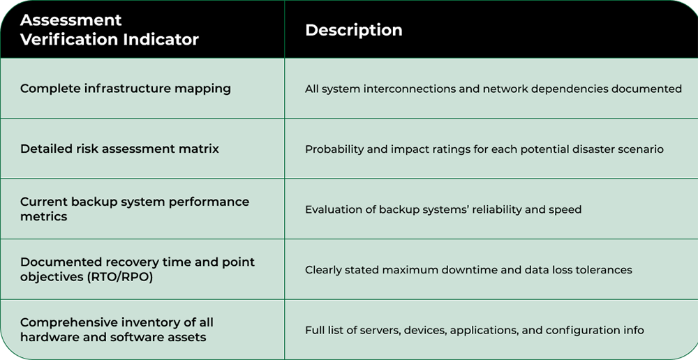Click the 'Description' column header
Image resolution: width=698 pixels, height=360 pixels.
pyautogui.click(x=354, y=31)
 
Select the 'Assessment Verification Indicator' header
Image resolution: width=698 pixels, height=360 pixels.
pyautogui.click(x=110, y=30)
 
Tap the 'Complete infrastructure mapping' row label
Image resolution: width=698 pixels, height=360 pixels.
pyautogui.click(x=126, y=89)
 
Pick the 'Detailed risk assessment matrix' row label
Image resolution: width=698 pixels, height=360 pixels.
pyautogui.click(x=119, y=149)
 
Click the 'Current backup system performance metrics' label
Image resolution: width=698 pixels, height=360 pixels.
pyautogui.click(x=134, y=209)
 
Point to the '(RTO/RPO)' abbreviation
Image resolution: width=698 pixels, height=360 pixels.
pyautogui.click(x=121, y=277)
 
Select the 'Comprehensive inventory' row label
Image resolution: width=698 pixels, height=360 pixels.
pyautogui.click(x=117, y=329)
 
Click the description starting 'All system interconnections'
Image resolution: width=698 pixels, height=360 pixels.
pyautogui.click(x=493, y=89)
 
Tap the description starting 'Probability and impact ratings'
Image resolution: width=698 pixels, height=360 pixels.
pyautogui.click(x=484, y=149)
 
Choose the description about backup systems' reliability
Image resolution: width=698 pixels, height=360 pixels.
pyautogui.click(x=443, y=209)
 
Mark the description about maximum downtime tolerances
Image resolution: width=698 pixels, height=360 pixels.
pyautogui.click(x=468, y=270)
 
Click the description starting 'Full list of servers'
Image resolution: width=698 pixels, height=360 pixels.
pyautogui.click(x=474, y=330)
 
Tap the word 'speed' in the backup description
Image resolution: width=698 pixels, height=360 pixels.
pyautogui.click(x=565, y=209)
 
